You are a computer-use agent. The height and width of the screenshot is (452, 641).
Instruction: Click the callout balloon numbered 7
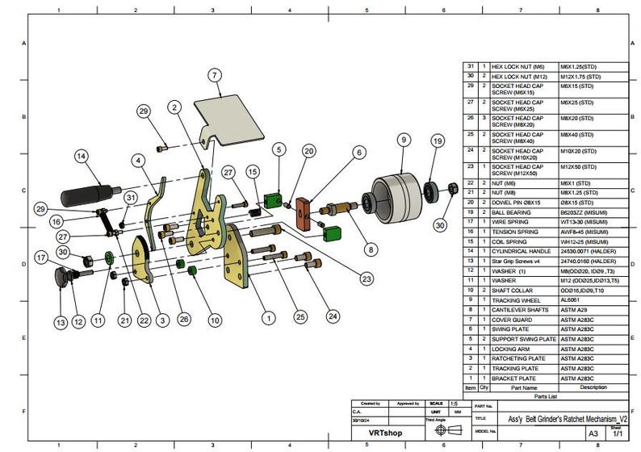214,75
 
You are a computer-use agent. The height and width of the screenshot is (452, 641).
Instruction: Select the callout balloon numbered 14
82,156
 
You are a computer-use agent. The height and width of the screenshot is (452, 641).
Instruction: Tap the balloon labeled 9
401,140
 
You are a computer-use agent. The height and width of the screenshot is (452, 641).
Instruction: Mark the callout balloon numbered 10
214,320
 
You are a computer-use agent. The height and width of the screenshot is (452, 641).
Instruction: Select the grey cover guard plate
230,114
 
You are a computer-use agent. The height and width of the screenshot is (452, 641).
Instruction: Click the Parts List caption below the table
547,395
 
